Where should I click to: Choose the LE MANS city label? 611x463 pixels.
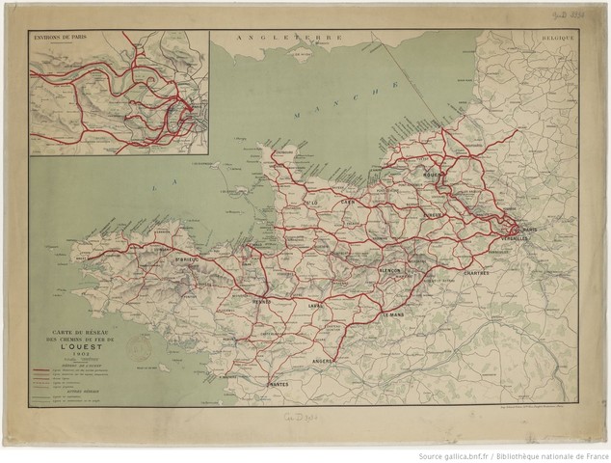[x=393, y=314]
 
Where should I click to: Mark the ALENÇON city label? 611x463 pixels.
[x=392, y=271]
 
